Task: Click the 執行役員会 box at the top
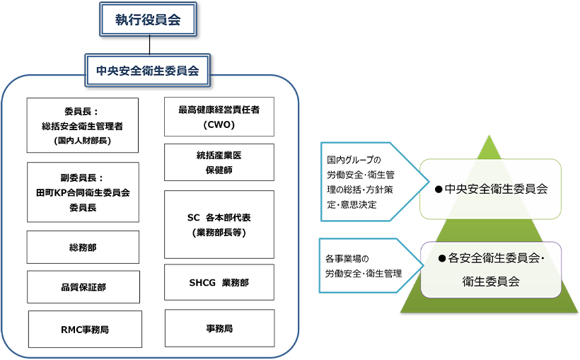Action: coord(148,20)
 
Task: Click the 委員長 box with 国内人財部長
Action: coord(82,125)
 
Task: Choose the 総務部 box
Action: coord(82,247)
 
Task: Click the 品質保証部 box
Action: coord(82,286)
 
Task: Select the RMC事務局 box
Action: coord(85,329)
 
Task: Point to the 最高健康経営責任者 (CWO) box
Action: coord(219,117)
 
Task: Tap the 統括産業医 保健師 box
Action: coord(219,162)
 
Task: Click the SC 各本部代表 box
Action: coord(219,223)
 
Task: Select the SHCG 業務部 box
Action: coord(219,284)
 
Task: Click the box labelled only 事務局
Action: coord(219,328)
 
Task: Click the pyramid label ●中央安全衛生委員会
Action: coord(491,189)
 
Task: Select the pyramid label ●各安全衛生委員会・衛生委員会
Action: coord(491,269)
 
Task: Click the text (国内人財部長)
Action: coord(82,140)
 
